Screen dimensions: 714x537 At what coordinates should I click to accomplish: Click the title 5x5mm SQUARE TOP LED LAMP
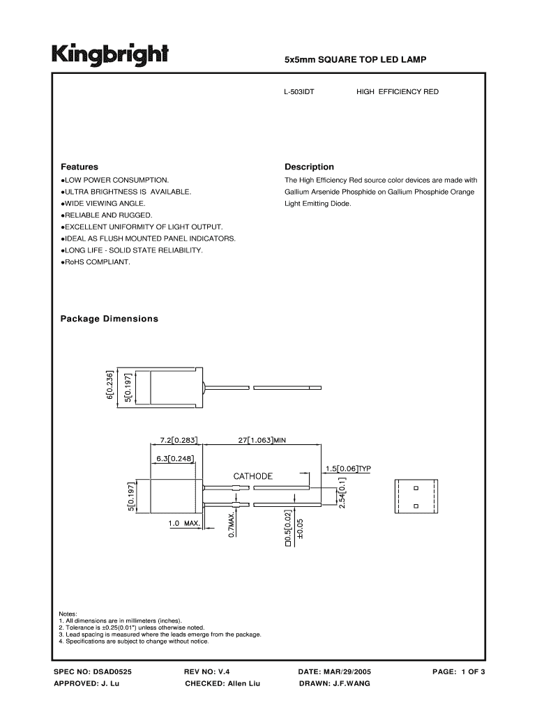355,61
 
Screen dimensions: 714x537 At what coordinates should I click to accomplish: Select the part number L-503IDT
299,91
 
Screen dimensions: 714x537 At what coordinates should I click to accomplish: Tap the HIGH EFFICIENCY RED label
398,91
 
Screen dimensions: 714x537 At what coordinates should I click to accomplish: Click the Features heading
79,167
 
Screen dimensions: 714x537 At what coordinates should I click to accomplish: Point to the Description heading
309,167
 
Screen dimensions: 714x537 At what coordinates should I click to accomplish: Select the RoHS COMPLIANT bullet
96,262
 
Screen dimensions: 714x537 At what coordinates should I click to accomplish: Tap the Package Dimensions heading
109,319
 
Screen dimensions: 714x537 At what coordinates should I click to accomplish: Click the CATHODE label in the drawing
252,476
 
